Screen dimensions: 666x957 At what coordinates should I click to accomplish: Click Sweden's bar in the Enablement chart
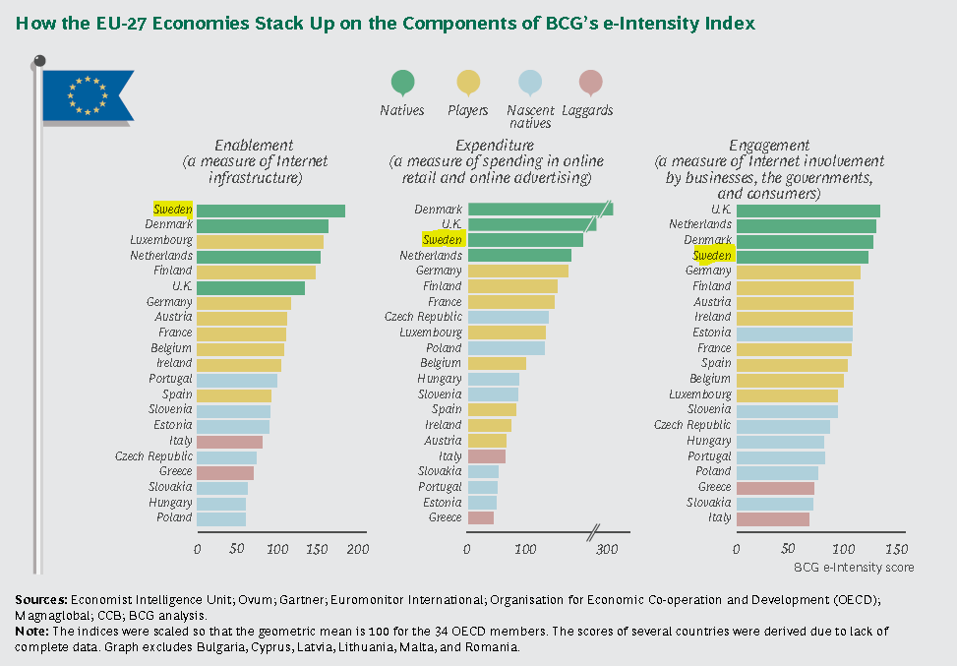click(270, 211)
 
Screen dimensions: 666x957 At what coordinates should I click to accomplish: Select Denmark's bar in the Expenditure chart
click(539, 210)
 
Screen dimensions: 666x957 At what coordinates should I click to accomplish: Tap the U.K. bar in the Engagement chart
click(807, 211)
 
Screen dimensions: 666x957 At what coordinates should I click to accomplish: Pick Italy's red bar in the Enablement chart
click(229, 442)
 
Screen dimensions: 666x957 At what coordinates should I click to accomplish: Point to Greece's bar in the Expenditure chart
click(481, 517)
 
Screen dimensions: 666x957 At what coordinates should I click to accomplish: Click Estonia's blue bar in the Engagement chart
click(794, 333)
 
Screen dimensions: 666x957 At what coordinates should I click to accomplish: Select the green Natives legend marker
click(401, 84)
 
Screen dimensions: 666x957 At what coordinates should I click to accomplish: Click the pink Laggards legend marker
click(590, 84)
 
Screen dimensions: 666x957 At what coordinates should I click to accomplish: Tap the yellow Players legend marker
click(468, 84)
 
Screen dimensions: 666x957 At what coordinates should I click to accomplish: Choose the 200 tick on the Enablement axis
click(358, 549)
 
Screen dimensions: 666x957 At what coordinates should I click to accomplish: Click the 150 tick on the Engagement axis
click(896, 549)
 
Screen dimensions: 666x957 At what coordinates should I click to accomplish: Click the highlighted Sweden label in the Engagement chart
click(712, 256)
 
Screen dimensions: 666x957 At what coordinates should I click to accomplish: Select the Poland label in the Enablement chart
click(174, 517)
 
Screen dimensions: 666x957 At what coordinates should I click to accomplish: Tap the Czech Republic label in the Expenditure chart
click(423, 317)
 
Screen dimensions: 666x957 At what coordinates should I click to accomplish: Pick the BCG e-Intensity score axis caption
click(854, 568)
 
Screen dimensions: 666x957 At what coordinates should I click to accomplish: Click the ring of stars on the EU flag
click(86, 95)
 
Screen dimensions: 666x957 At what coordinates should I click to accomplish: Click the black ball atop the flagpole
click(39, 61)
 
